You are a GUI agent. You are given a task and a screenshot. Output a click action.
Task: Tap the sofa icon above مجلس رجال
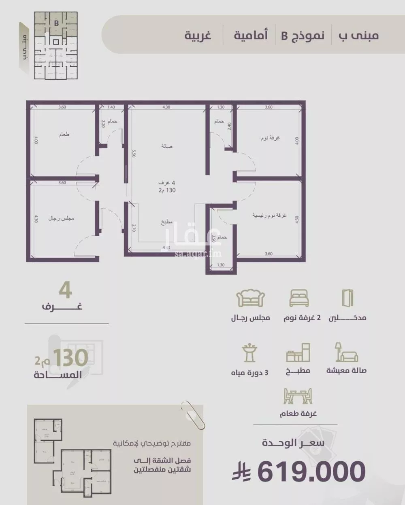tap(250, 298)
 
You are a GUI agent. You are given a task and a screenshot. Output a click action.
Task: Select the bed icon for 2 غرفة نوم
tap(299, 298)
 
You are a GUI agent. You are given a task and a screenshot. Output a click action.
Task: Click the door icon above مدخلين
tap(347, 298)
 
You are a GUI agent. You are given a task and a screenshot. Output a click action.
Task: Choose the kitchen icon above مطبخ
tap(298, 353)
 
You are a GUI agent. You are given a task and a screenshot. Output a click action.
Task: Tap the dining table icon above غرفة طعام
tap(298, 396)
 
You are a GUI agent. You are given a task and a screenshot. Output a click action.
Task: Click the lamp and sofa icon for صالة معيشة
tap(346, 352)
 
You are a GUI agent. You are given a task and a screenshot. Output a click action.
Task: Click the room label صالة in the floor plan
tap(166, 146)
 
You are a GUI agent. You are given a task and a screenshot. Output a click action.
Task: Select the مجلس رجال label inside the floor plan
tap(61, 218)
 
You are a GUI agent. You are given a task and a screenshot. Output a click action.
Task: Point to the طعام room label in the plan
tap(64, 134)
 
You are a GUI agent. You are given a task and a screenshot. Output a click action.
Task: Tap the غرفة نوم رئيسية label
tap(269, 216)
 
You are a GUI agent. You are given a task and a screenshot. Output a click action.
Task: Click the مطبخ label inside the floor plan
tap(166, 222)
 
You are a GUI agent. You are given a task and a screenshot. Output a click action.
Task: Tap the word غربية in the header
tap(198, 36)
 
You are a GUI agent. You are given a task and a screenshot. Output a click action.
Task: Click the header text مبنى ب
tap(359, 36)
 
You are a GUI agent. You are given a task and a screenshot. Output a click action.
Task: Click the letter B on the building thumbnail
tap(56, 23)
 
